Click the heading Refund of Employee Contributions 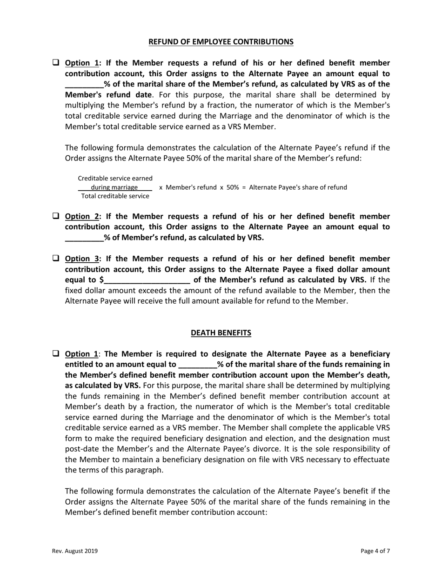221,42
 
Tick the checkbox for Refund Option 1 55,62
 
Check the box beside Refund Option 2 55,216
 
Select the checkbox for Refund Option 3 55,258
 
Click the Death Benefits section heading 221,333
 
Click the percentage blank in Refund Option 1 84,85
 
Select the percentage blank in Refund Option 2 84,238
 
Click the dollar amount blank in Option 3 147,280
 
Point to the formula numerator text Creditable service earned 115,178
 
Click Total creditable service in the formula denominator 115,196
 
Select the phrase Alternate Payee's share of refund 298,187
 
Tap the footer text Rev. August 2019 74,551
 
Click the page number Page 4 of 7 375,551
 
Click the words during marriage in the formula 114,187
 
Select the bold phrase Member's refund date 108,94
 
